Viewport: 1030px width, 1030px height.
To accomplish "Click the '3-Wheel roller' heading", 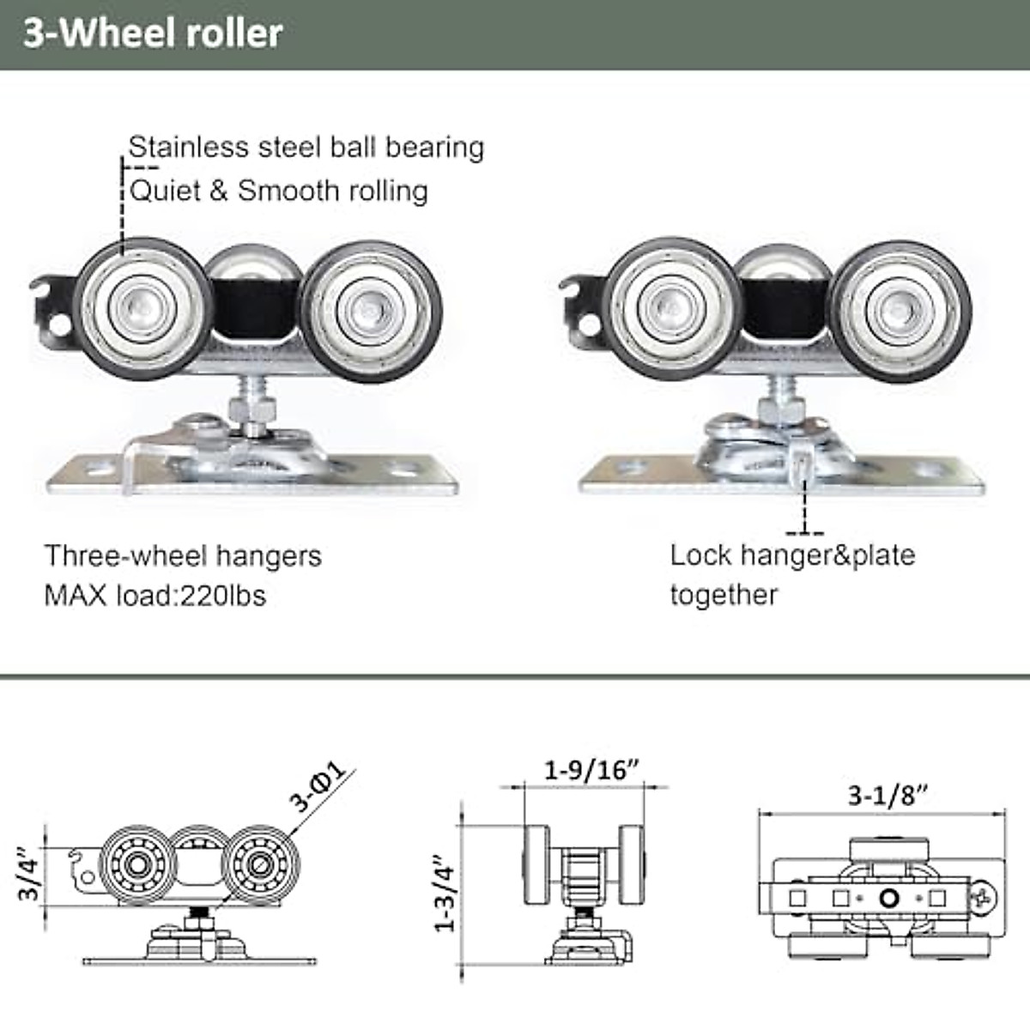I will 153,33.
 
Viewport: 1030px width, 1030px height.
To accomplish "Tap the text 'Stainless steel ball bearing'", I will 306,147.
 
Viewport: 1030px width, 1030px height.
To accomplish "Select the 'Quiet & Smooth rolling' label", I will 279,191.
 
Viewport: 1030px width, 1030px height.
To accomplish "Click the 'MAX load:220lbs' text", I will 155,595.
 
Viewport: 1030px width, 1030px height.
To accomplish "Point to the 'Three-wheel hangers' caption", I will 183,556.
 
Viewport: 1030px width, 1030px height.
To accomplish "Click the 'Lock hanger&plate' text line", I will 792,555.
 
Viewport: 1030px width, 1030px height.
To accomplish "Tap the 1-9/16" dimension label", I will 592,770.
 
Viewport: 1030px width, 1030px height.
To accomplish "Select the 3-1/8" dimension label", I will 888,796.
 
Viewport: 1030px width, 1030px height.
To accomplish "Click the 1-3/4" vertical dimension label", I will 445,893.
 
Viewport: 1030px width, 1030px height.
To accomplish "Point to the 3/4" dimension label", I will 30,875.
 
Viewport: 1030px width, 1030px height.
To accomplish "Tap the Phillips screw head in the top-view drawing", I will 984,899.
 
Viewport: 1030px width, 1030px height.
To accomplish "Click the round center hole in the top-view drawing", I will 888,898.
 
